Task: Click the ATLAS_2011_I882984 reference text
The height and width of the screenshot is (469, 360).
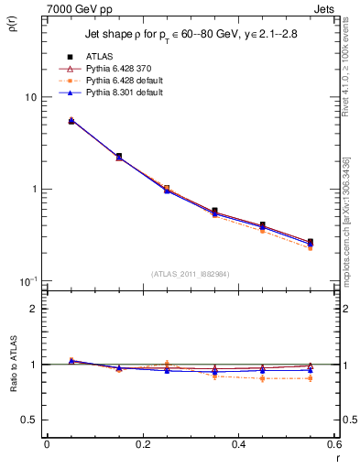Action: [x=191, y=274]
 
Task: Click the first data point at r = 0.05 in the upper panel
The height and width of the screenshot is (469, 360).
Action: [x=71, y=120]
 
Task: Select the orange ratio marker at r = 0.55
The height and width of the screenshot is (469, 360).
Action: [x=311, y=378]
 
